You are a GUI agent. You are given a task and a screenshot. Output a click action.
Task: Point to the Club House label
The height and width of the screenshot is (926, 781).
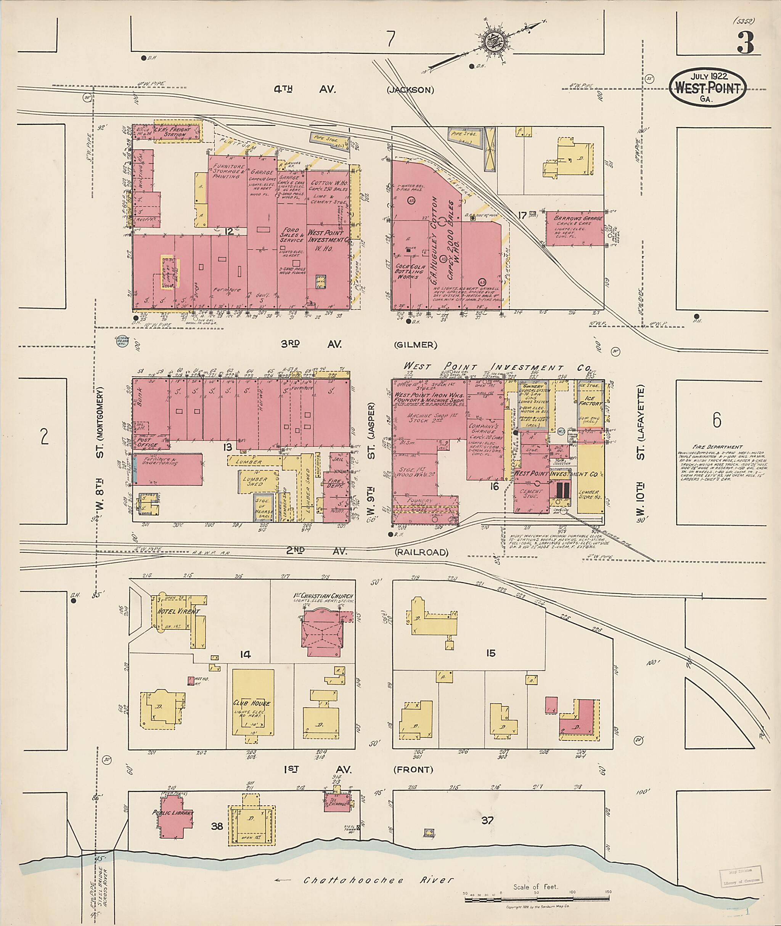click(252, 703)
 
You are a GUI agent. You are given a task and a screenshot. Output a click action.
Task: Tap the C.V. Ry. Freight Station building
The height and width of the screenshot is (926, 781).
click(177, 131)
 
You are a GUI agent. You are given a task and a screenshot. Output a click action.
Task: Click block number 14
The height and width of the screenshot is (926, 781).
click(245, 655)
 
